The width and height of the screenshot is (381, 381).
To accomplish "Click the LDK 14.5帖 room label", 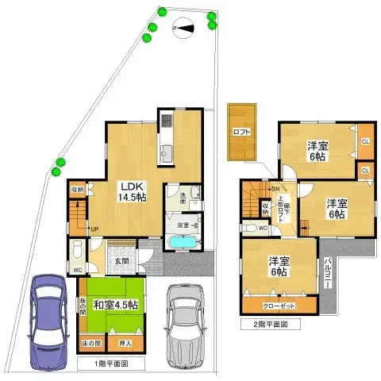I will coord(131,190).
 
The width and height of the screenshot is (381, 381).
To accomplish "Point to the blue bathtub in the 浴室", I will coord(185,241).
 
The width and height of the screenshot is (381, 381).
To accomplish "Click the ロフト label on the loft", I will coord(242,132).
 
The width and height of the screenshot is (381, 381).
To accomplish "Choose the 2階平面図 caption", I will coord(264,325).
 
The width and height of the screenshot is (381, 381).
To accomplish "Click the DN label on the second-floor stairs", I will coord(275,188).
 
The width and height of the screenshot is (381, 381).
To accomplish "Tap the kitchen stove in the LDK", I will coord(167,121).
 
